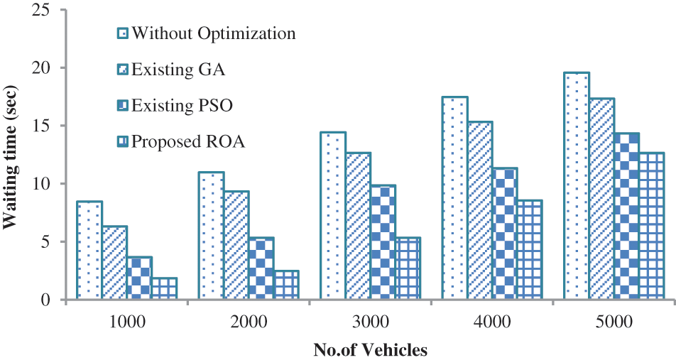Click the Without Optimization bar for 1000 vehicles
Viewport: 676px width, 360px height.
pyautogui.click(x=89, y=251)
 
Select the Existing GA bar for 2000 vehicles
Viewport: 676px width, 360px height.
pyautogui.click(x=236, y=245)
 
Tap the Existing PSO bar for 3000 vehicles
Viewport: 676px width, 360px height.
pyautogui.click(x=383, y=242)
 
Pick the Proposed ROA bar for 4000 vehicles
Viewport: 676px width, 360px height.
pyautogui.click(x=530, y=250)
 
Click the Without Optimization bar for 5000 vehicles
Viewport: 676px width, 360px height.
pyautogui.click(x=577, y=186)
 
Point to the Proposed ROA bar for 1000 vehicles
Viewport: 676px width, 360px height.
pyautogui.click(x=164, y=288)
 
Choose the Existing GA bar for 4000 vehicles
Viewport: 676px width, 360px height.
pyautogui.click(x=480, y=211)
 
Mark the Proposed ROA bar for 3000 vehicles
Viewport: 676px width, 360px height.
pyautogui.click(x=408, y=268)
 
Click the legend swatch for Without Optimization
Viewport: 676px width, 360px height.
pyautogui.click(x=122, y=33)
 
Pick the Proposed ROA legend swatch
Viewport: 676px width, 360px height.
pyautogui.click(x=122, y=142)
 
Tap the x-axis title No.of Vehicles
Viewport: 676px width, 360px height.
pyautogui.click(x=370, y=349)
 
